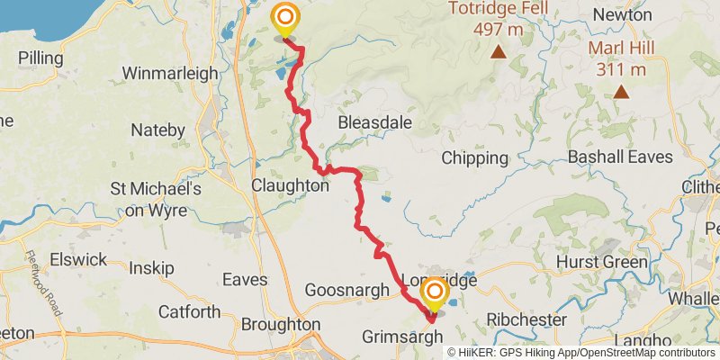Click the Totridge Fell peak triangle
498,53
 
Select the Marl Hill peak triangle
620,91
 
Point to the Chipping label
475,158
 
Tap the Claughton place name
290,184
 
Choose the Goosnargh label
346,290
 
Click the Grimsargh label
402,337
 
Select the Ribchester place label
526,319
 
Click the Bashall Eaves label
620,157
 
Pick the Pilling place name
40,58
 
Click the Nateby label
157,130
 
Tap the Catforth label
189,312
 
